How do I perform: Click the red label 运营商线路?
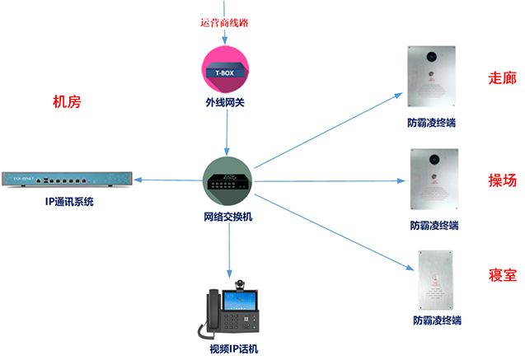coord(224,23)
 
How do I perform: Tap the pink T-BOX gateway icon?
coord(225,69)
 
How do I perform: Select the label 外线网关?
coord(225,102)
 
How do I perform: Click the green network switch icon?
coord(227,181)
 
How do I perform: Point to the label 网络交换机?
coord(227,217)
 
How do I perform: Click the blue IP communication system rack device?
coord(67,179)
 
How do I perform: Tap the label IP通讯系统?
coord(69,201)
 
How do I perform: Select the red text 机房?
coord(67,101)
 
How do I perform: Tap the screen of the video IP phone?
coord(238,301)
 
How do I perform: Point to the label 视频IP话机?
coord(234,349)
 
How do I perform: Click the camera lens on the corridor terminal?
coord(432,56)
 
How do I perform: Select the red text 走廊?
coord(502,78)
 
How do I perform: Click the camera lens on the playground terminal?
coord(434,159)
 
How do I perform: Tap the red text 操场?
coord(502,180)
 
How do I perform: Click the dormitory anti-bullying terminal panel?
coord(436,280)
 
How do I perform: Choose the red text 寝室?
coord(502,275)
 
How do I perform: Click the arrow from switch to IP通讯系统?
coord(168,180)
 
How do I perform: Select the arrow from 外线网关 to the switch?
coord(227,133)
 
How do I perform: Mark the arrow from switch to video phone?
coord(229,250)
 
